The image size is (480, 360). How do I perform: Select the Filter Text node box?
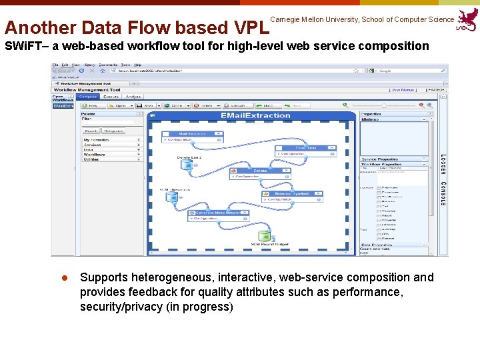tap(305, 148)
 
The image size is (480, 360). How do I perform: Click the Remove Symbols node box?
tap(292, 193)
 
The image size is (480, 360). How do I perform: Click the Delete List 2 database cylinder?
tap(185, 165)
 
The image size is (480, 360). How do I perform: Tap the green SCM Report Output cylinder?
tap(264, 235)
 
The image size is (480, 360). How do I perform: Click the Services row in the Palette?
tap(93, 145)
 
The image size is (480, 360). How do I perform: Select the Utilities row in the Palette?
tap(91, 159)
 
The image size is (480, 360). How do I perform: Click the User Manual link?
tap(403, 89)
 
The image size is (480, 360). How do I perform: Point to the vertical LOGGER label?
tap(443, 164)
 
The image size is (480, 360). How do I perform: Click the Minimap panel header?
tap(370, 120)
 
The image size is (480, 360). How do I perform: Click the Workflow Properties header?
tap(379, 164)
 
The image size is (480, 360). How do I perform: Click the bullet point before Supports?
tap(65, 278)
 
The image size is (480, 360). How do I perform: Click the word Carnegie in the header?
tap(286, 20)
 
